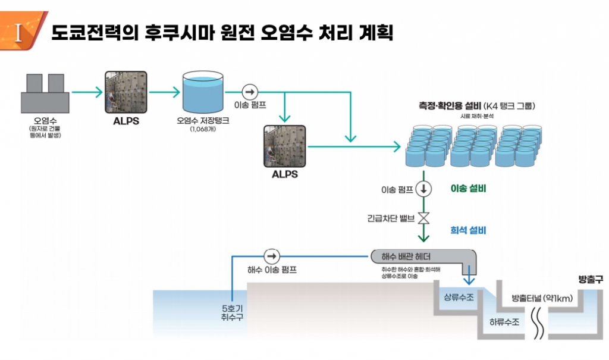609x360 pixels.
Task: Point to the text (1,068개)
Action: click(203, 129)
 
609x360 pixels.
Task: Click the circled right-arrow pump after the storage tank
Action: click(250, 92)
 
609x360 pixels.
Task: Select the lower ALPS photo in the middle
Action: click(284, 146)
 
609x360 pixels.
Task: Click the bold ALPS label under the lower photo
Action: click(284, 175)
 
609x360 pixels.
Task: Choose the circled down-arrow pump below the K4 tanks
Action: click(423, 190)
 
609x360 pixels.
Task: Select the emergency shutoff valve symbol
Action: click(423, 218)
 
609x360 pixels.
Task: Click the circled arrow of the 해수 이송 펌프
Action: click(272, 256)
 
